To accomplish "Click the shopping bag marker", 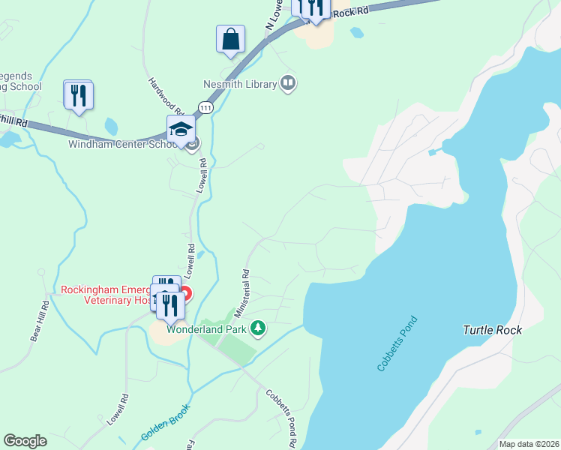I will coord(231,39).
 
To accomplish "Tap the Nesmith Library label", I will coord(240,85).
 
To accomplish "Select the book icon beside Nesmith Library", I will coord(287,82).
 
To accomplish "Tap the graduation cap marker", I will coord(181,130).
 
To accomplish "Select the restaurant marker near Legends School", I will coord(79,95).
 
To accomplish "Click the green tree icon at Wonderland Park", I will coord(258,328).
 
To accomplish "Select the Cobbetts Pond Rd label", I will coord(280,415).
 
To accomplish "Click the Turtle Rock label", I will coord(492,329).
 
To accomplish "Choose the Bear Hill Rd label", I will coord(40,321).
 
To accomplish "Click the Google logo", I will coord(25,441).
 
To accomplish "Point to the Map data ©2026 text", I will coord(528,444).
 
